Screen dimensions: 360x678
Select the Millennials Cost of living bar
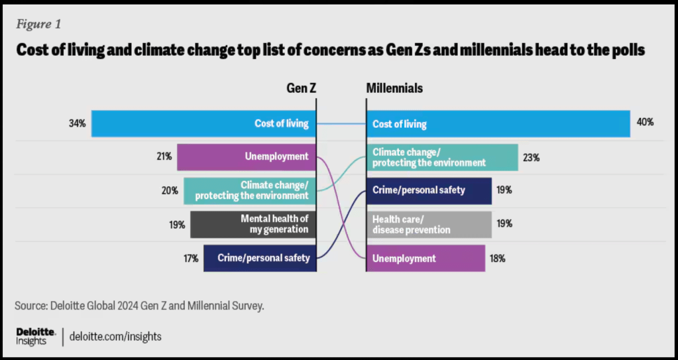point(498,123)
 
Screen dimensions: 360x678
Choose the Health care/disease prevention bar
point(429,224)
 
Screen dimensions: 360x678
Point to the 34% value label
point(77,123)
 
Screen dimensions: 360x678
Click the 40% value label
point(646,123)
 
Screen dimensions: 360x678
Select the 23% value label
point(531,158)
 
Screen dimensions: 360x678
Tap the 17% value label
point(190,259)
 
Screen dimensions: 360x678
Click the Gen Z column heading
point(301,88)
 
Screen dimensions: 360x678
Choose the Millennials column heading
point(394,88)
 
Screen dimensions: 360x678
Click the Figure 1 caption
point(38,25)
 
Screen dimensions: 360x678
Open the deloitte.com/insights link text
point(115,336)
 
